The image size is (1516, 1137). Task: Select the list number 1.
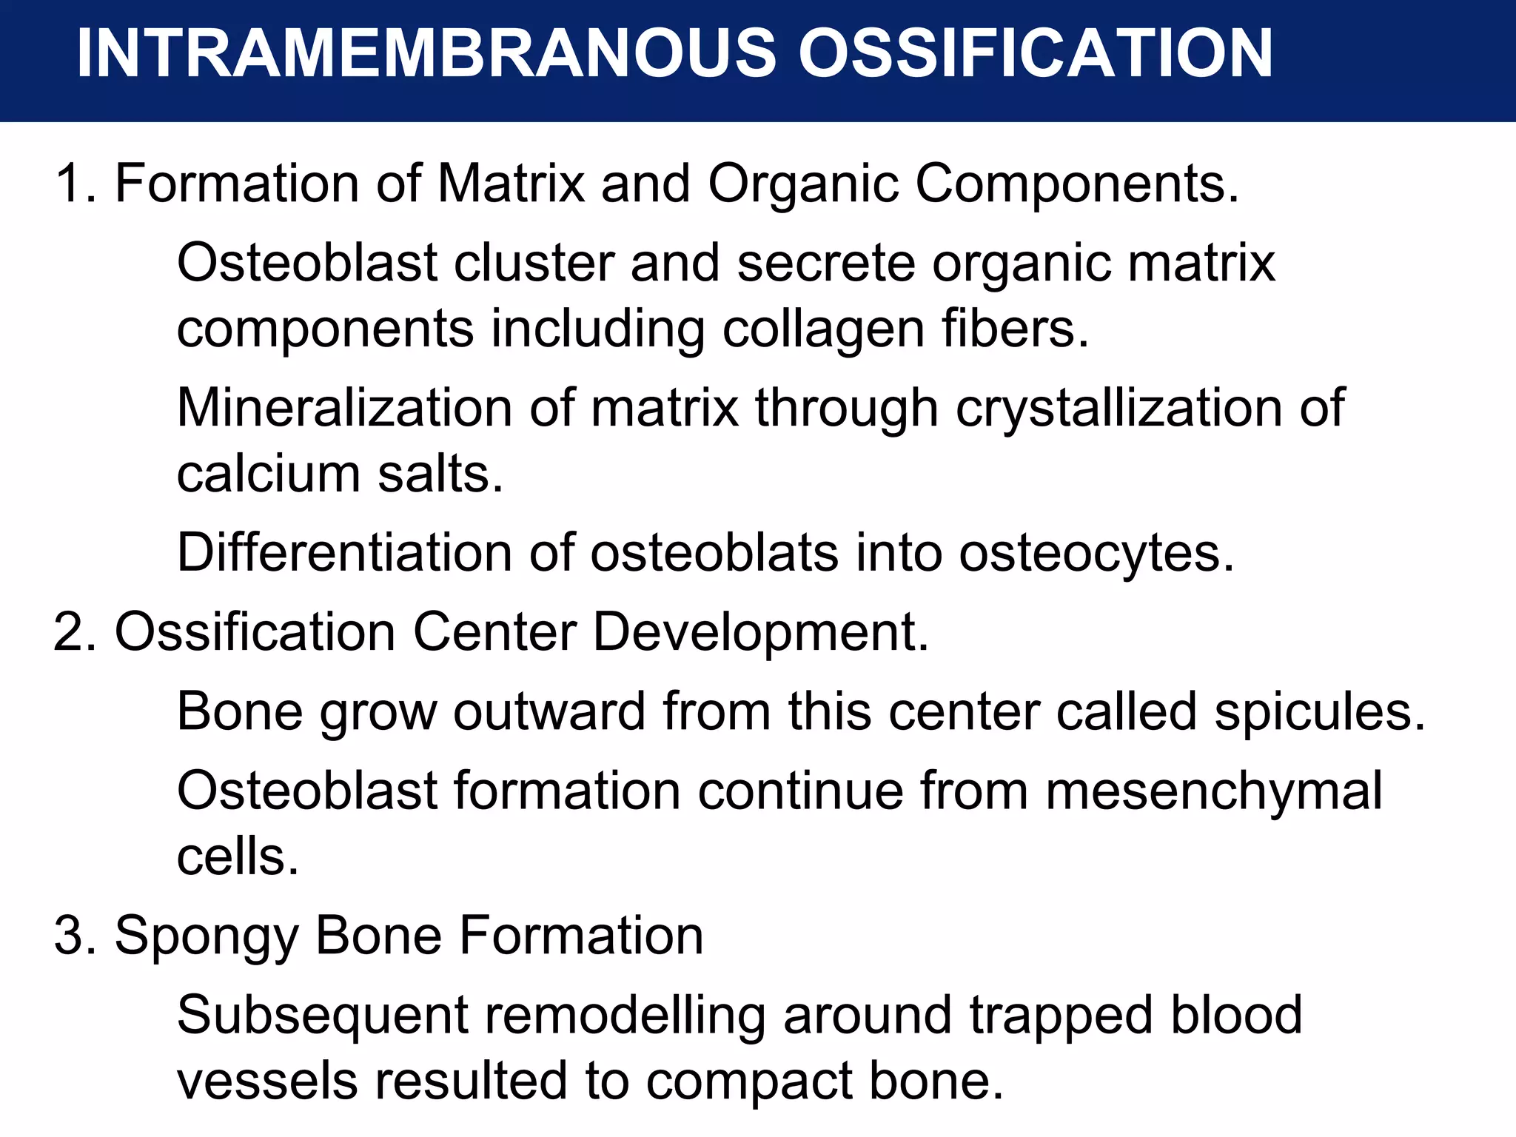point(73,184)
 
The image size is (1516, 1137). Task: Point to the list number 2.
point(73,632)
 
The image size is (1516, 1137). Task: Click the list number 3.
point(73,936)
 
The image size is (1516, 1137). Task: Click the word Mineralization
point(344,408)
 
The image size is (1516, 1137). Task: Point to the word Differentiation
point(344,553)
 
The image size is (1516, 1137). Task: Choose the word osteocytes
point(1096,553)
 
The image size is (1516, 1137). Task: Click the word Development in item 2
point(760,632)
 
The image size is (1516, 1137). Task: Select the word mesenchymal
point(1213,791)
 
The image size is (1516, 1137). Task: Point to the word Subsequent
point(322,1015)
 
